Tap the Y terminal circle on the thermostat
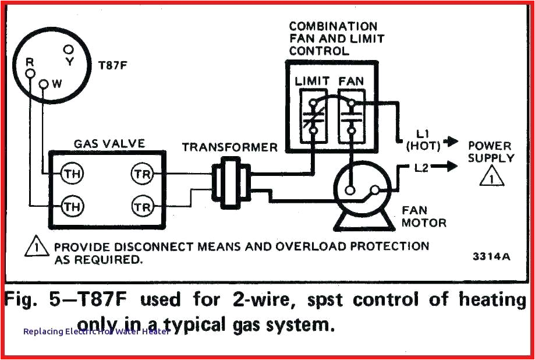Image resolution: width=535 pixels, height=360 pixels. click(69, 50)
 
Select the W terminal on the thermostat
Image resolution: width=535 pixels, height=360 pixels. click(44, 84)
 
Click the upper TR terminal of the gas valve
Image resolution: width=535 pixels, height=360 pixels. click(143, 174)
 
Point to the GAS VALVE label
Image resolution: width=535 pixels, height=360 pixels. click(109, 143)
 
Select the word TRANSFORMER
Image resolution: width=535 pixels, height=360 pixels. click(229, 147)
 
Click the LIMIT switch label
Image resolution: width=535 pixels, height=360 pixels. click(312, 82)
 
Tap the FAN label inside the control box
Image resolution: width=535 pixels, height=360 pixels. click(351, 82)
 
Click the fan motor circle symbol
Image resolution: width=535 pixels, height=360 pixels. click(361, 189)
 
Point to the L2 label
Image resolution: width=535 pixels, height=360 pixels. click(423, 168)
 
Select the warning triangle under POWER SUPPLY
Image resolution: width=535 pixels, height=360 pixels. click(491, 177)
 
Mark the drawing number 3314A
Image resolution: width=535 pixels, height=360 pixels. click(491, 256)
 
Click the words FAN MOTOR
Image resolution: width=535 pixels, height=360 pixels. click(423, 216)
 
